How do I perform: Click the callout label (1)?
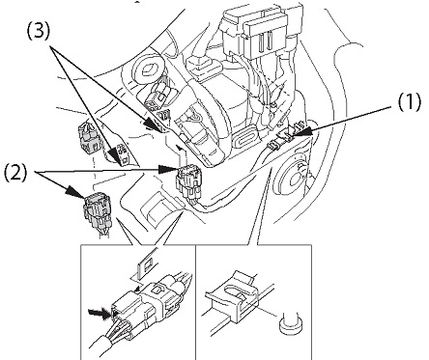tap(409, 102)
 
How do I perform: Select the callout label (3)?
tap(39, 32)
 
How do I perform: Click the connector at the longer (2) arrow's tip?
tap(187, 181)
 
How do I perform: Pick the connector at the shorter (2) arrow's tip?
tap(97, 211)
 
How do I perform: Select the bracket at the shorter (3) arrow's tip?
tap(124, 153)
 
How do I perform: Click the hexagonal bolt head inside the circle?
tap(149, 70)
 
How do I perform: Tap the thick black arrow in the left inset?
tap(100, 313)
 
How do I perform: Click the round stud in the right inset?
tap(290, 323)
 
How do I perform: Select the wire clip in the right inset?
tap(233, 296)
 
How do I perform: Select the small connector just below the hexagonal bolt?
tap(157, 97)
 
